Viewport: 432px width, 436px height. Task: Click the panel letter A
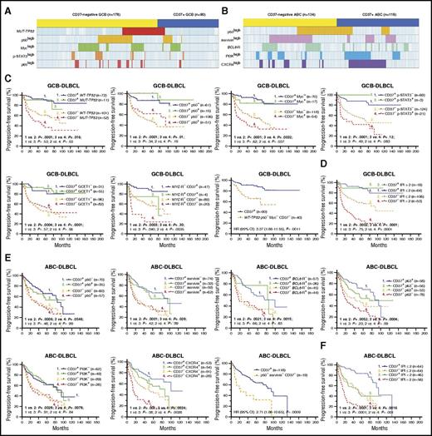coord(5,4)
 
